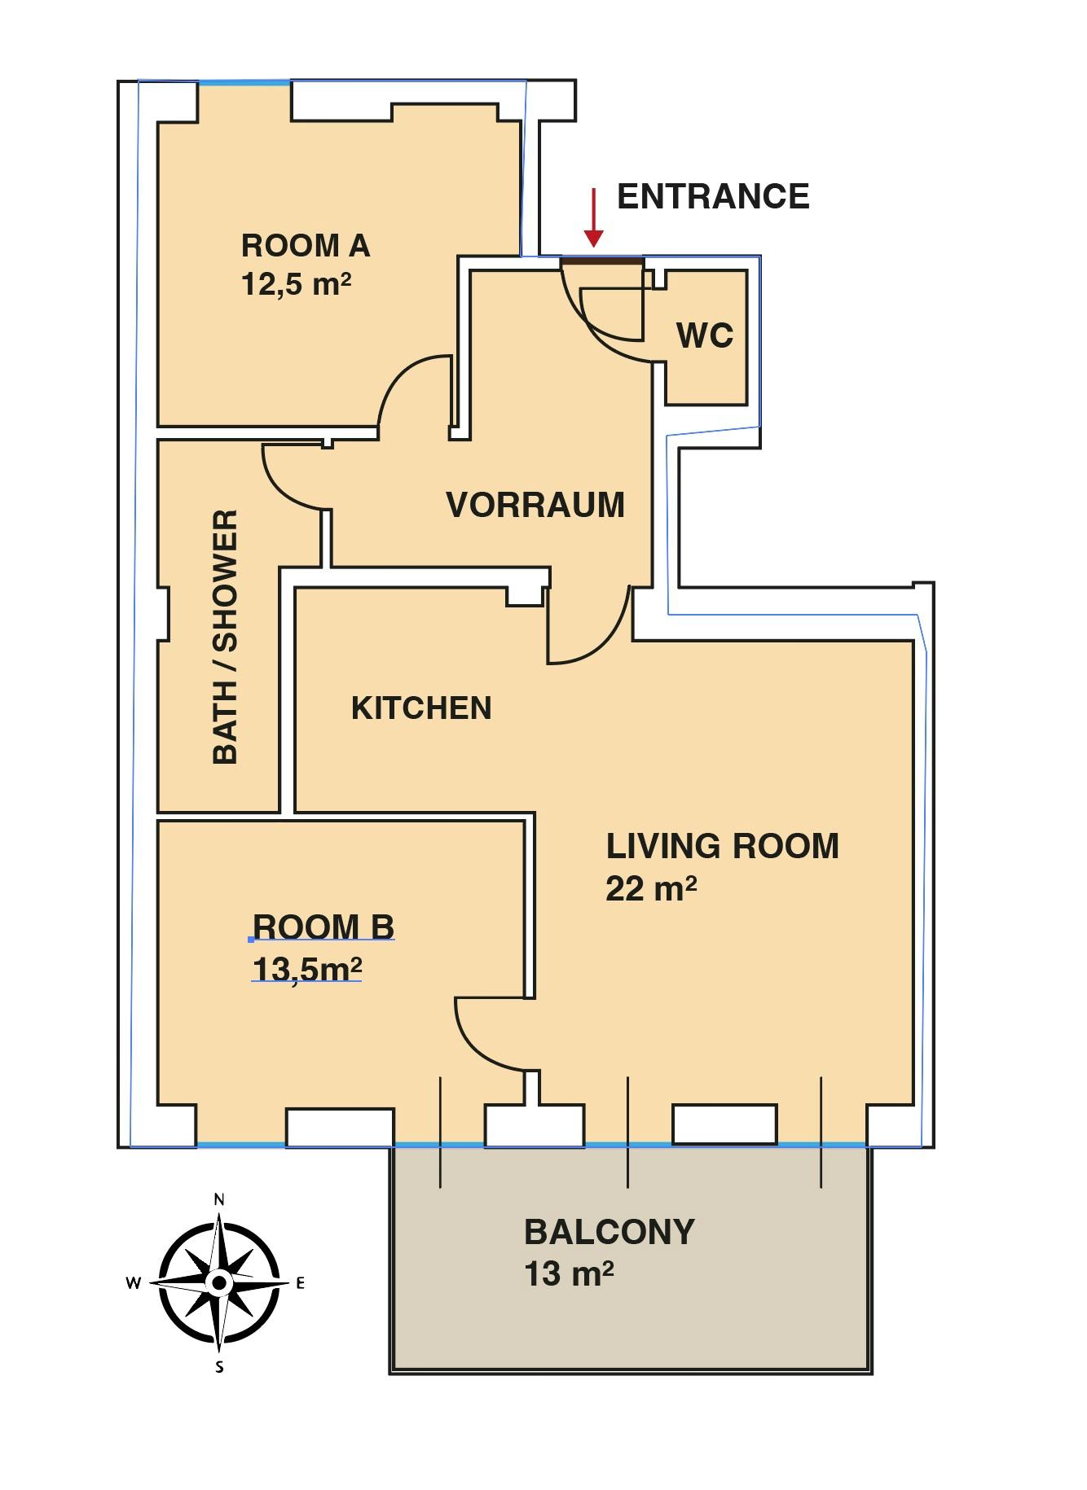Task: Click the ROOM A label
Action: coord(306,245)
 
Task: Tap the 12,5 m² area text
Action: coord(297,284)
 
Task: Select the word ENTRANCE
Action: coord(713,196)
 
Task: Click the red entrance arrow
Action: coord(594,217)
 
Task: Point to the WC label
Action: coord(705,335)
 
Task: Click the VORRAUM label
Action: coord(535,505)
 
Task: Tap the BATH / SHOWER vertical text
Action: coord(225,637)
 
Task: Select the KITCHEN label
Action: coord(421,708)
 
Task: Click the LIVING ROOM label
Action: coord(722,846)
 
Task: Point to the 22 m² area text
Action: coord(651,887)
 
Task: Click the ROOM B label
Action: coord(323,927)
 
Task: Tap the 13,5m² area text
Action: coord(307,969)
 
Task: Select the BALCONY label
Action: coord(609,1232)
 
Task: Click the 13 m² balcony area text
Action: coord(569,1273)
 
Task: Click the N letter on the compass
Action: coord(218,1199)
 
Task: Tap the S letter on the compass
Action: coord(219,1367)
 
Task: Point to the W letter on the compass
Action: coord(134,1283)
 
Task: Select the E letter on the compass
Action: coord(300,1283)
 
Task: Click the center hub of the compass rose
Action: coord(218,1283)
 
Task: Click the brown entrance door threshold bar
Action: coord(602,260)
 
